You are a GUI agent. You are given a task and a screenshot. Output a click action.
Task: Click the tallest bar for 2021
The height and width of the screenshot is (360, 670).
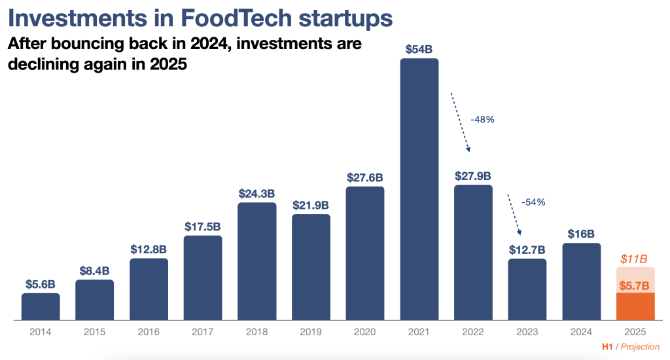tap(419, 190)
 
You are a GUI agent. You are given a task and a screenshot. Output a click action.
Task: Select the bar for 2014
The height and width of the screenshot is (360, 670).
tap(41, 307)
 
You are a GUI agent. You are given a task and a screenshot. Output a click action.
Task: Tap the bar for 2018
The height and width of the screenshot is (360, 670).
tap(256, 262)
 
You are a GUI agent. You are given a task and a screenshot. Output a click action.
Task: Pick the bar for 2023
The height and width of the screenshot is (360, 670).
tap(527, 289)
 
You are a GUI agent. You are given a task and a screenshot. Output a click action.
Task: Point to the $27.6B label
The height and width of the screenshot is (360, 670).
tap(365, 177)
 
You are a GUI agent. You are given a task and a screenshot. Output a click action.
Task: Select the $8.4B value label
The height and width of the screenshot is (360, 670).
tap(94, 270)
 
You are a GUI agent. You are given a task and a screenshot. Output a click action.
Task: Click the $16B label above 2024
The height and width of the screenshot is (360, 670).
tap(581, 234)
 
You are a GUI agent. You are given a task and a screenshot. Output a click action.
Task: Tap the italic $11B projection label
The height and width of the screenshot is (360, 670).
tap(635, 259)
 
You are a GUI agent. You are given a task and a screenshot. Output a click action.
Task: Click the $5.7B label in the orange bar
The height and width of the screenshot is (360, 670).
tap(635, 285)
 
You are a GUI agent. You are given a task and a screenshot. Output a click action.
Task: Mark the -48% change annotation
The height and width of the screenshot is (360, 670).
tap(482, 120)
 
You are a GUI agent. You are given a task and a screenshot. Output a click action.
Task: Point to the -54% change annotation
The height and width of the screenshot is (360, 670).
tap(533, 202)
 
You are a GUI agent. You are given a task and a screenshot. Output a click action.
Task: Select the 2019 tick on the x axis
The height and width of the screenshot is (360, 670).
tap(311, 332)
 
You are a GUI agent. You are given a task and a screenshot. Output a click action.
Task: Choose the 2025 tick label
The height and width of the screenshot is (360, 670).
tap(635, 332)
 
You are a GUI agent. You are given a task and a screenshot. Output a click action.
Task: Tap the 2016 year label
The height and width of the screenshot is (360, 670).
tap(149, 332)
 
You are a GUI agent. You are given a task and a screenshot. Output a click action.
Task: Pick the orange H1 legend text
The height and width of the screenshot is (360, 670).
tap(607, 347)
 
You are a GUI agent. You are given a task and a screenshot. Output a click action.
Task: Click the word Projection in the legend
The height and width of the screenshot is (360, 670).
tap(640, 347)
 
